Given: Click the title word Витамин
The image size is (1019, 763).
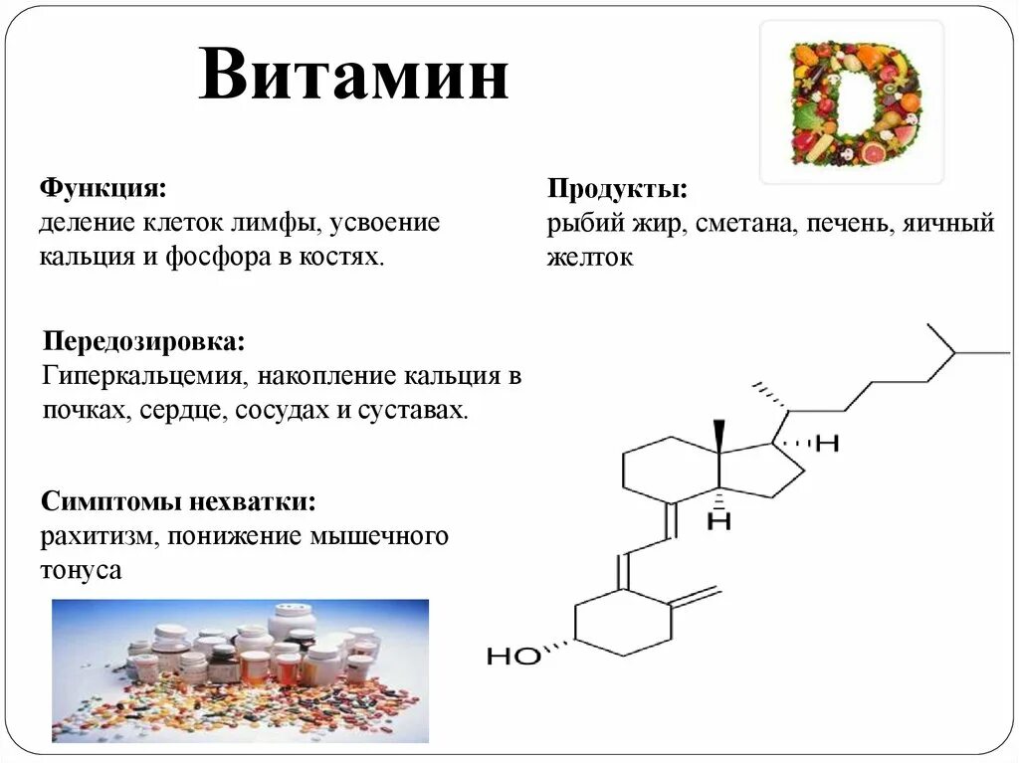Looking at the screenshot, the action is pyautogui.click(x=353, y=78).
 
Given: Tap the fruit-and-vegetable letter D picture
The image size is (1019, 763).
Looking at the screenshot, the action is pyautogui.click(x=852, y=101).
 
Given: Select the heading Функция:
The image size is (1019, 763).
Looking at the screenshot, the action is pyautogui.click(x=102, y=188).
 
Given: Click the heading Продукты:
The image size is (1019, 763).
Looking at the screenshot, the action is pyautogui.click(x=617, y=189).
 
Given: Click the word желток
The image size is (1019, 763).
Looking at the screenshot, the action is pyautogui.click(x=589, y=258).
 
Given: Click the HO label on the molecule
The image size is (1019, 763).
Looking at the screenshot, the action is pyautogui.click(x=513, y=656).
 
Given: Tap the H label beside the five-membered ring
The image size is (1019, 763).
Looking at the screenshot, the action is pyautogui.click(x=827, y=444).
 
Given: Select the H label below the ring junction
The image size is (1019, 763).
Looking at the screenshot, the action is pyautogui.click(x=718, y=519).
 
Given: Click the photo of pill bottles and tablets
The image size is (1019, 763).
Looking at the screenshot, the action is pyautogui.click(x=240, y=670).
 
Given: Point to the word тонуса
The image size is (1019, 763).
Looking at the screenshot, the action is pyautogui.click(x=82, y=571).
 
